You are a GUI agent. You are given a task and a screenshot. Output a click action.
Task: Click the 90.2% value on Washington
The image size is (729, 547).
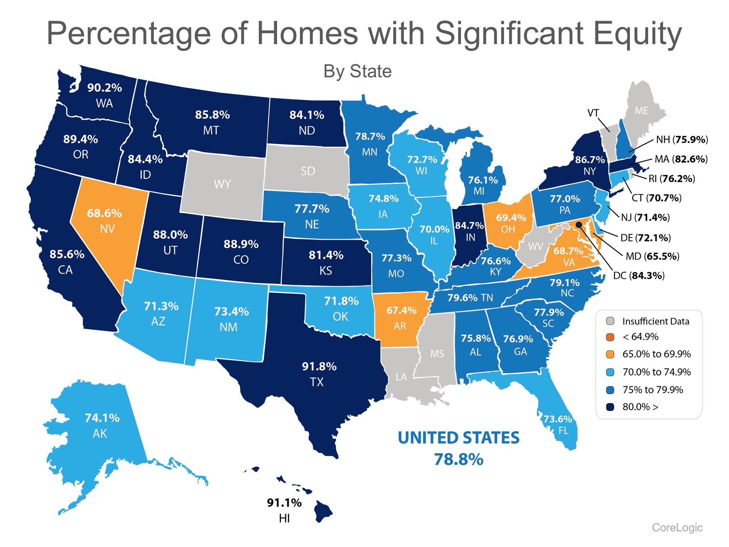pos(104,88)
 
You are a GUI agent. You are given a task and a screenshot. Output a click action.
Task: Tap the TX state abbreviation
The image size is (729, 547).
pos(316,382)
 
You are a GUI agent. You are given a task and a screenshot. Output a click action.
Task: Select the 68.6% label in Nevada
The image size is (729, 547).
pos(104,213)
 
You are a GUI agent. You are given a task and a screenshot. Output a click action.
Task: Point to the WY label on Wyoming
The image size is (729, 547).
pos(222,184)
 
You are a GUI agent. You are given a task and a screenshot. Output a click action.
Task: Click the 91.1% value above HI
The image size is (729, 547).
pos(284,503)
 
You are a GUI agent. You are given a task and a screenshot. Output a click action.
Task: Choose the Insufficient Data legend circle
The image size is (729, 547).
pos(610,321)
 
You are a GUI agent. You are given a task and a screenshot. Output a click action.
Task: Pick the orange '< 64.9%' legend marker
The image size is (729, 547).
pos(610,337)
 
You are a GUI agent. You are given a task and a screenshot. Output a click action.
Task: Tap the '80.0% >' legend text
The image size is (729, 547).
pos(640,407)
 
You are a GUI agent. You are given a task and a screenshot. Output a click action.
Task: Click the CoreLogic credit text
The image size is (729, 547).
pos(677,527)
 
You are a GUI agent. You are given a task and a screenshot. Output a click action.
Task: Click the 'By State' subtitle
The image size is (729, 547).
pos(357,71)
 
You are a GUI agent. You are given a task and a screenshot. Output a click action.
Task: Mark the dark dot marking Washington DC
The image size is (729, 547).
pos(578,224)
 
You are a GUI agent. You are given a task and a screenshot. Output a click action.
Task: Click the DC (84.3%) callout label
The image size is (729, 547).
pos(639,275)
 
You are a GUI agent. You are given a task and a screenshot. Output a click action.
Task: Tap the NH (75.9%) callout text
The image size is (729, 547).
pos(682,140)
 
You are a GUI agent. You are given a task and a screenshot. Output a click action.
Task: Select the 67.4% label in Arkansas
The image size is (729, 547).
pos(401,310)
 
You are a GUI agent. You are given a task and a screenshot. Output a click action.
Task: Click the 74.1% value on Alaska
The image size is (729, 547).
pos(102,418)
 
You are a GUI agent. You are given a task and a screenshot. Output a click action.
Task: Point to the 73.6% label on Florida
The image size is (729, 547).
pos(558,419)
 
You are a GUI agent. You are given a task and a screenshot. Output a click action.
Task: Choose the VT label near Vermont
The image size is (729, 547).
pos(593,113)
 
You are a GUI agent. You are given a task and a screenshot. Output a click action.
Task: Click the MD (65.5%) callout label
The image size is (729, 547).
pos(652,256)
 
